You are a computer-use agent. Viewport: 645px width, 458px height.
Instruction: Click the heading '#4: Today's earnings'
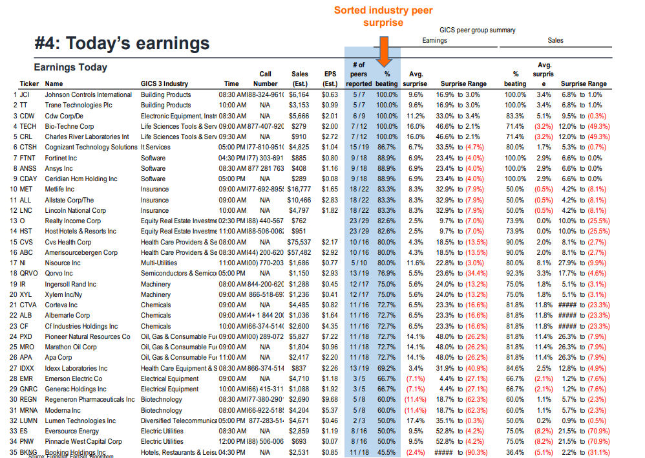[x=122, y=43]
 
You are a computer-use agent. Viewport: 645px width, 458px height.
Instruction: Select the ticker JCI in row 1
[x=28, y=94]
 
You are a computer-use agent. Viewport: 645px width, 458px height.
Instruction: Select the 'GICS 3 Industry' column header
[x=164, y=83]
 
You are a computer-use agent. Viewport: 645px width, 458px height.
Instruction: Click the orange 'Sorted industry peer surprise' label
[x=383, y=17]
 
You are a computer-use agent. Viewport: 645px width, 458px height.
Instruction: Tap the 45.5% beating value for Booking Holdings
[x=386, y=452]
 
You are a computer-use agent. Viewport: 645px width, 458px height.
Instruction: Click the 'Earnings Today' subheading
[x=70, y=68]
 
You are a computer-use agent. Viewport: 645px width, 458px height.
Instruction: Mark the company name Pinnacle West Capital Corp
[x=83, y=442]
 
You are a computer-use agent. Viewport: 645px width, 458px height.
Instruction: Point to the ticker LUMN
[x=29, y=420]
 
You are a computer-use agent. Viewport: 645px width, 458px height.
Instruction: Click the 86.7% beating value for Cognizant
[x=386, y=147]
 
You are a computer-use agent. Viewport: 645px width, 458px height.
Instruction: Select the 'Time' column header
[x=231, y=83]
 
